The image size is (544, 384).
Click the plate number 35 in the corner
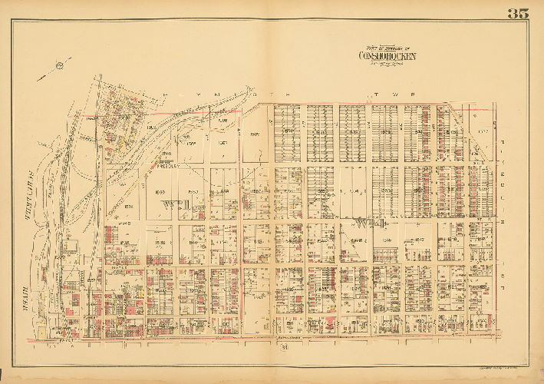click(x=517, y=13)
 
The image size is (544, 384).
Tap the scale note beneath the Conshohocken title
click(x=388, y=64)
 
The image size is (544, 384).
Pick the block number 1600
click(x=160, y=191)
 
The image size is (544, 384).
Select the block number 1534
click(x=160, y=243)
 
